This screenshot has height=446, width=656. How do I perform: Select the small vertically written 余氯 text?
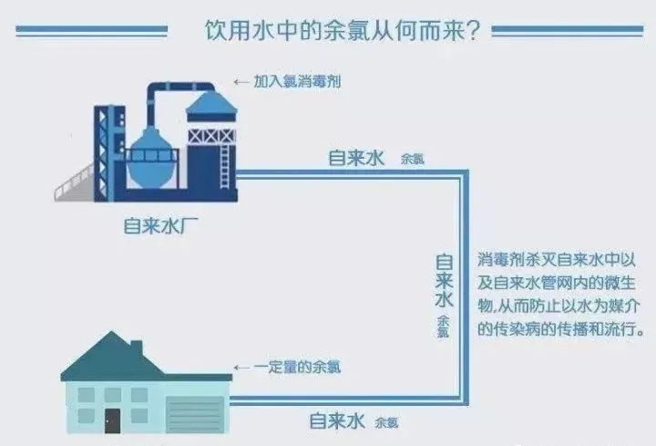(444, 326)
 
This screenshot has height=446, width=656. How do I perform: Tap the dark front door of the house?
(112, 420)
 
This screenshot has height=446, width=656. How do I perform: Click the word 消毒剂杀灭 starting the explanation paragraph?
(518, 260)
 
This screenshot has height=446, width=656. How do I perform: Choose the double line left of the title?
(91, 30)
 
